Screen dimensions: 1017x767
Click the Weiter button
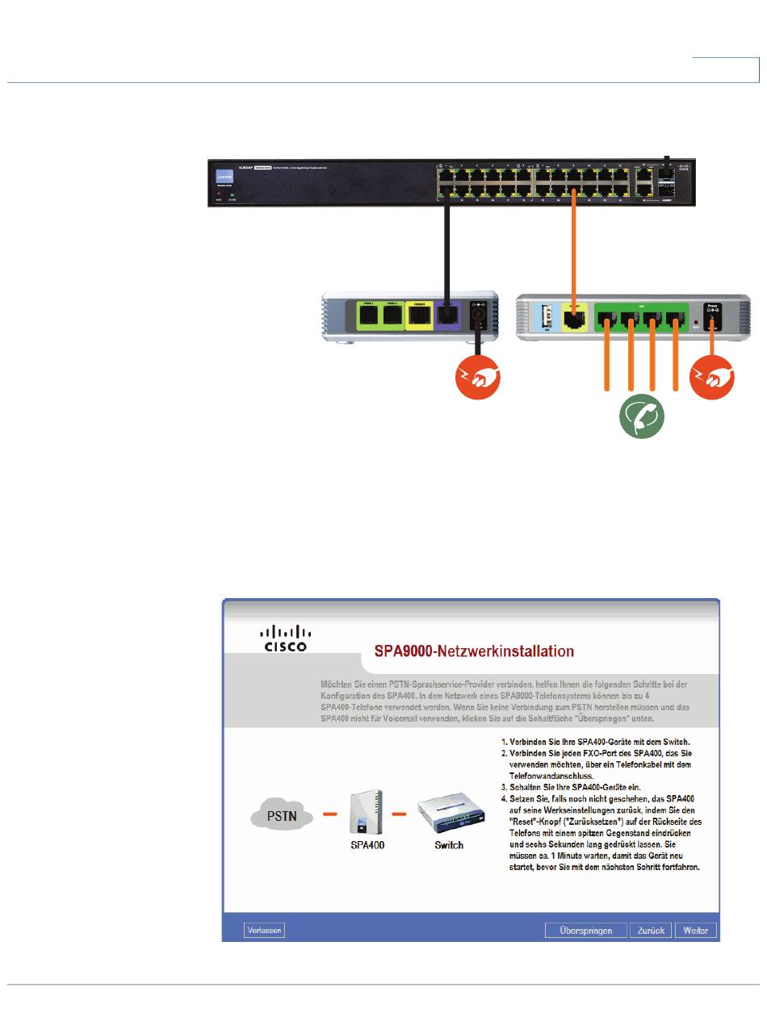point(696,931)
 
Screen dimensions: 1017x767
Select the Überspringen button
point(585,931)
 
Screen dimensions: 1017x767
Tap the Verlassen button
point(264,931)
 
